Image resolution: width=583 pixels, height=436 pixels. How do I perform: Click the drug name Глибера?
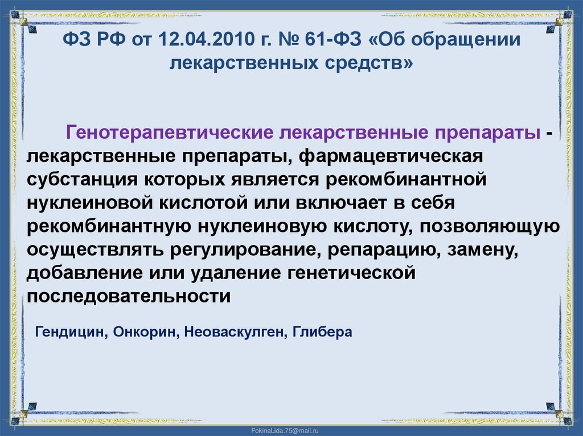click(x=323, y=332)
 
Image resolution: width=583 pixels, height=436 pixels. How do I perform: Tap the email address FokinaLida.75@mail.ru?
click(x=291, y=427)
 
